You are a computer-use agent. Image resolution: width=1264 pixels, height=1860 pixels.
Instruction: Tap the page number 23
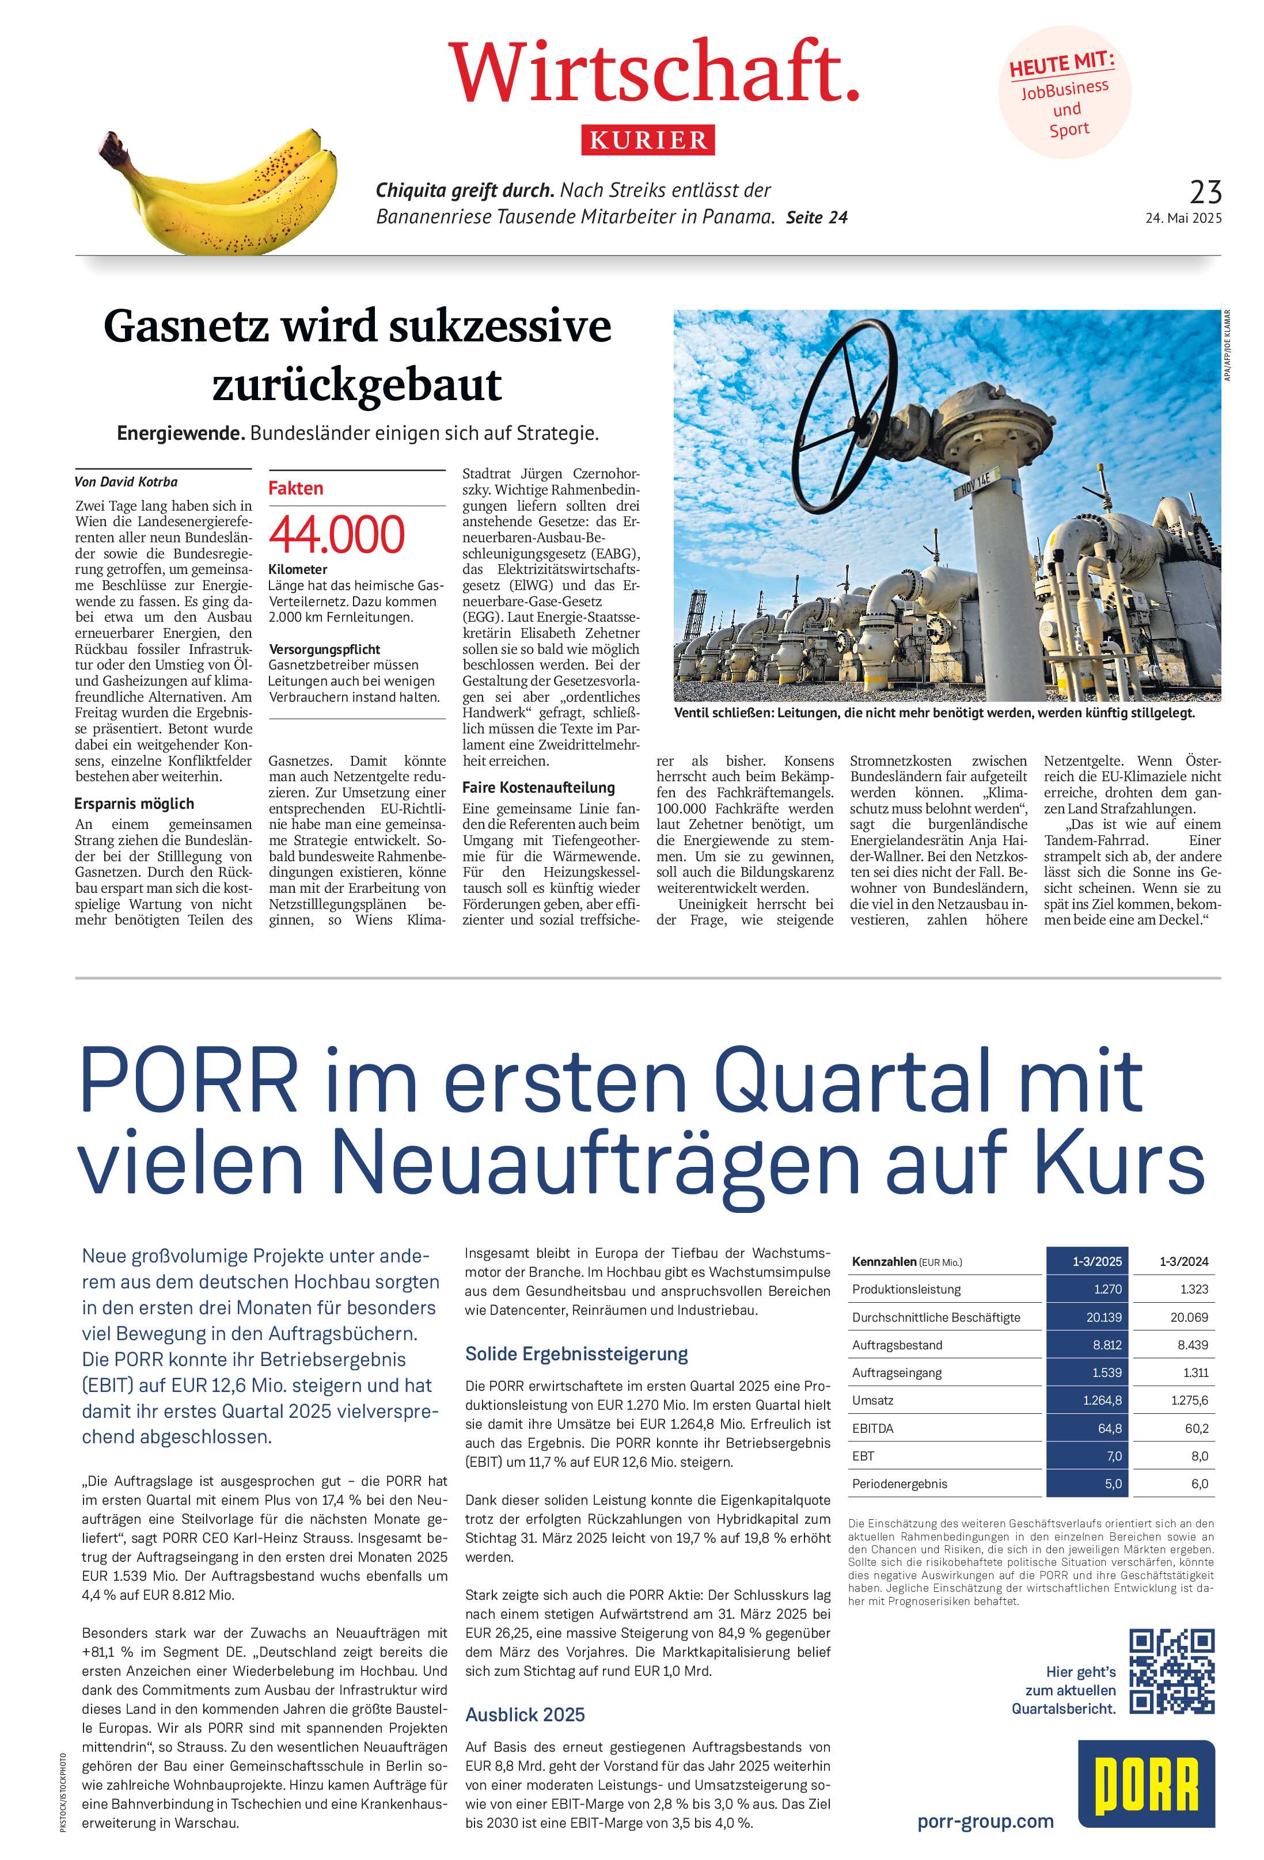tap(1206, 192)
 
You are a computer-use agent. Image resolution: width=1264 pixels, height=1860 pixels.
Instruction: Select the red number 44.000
tap(337, 535)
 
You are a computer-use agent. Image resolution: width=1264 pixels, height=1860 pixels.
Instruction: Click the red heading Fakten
tap(295, 488)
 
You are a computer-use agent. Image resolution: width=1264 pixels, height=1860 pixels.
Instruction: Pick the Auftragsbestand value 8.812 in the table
tap(1107, 1345)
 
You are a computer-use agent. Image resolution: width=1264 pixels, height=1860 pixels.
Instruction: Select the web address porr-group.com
tap(985, 1821)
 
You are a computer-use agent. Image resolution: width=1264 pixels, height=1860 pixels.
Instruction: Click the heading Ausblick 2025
tap(525, 1714)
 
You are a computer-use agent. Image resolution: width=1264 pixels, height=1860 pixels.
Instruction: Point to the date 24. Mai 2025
tap(1183, 218)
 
